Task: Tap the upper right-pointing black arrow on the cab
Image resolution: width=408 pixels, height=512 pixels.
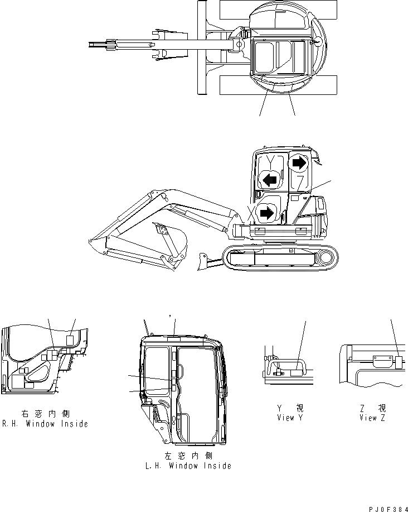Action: (x=299, y=162)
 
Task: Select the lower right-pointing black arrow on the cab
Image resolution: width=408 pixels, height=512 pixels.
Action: (x=268, y=212)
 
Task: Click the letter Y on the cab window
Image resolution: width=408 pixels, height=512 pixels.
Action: (x=271, y=162)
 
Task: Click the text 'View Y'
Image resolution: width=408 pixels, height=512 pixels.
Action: (x=289, y=418)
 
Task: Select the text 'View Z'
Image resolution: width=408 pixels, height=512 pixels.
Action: (x=373, y=418)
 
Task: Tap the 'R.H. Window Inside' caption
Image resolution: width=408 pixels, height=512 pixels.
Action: (x=45, y=424)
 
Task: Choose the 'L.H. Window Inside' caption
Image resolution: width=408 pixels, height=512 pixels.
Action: (x=188, y=466)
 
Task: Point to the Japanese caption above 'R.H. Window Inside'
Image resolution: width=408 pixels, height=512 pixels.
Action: (x=45, y=415)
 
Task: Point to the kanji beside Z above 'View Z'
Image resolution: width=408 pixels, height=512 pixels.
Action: (x=382, y=409)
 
